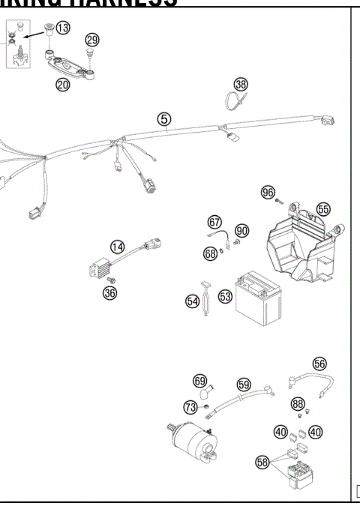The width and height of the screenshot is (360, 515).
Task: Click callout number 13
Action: pos(63,28)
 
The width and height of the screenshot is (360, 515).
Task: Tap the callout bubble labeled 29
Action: pos(91,39)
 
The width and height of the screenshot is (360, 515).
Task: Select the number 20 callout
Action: pos(62,85)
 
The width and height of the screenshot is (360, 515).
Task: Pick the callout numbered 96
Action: pos(268,193)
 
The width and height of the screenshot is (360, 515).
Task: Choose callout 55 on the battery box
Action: pos(323,209)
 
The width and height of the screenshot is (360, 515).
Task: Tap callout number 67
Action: pos(215,222)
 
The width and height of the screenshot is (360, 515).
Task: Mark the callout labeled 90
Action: pos(241,229)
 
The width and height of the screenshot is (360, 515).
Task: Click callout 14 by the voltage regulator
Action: pos(117,247)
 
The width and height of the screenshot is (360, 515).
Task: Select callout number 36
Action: pos(109,293)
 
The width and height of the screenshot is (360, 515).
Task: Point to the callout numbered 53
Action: pos(224,297)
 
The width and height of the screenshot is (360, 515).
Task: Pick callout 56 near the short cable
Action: pos(320,363)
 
